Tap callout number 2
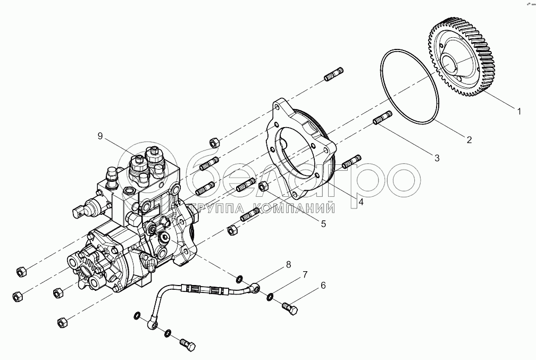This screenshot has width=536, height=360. click(x=470, y=140)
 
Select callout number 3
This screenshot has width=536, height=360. click(x=437, y=157)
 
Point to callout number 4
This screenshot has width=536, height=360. click(x=361, y=202)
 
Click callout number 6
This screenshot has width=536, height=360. click(x=322, y=286)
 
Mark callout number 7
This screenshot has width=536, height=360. click(x=305, y=274)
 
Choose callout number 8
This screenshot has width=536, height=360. click(x=288, y=264)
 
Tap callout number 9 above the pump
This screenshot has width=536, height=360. click(x=99, y=136)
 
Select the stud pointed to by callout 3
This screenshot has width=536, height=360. click(x=383, y=118)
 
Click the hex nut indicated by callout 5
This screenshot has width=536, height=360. click(x=262, y=186)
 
